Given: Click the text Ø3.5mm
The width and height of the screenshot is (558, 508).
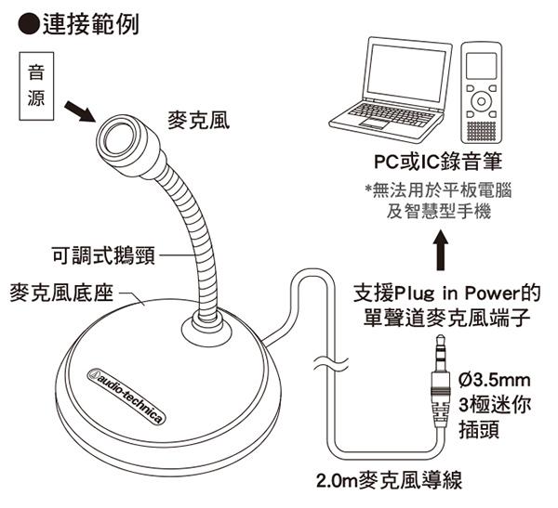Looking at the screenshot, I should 495,380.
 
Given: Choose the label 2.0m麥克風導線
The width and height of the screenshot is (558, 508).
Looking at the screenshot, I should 388,480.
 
